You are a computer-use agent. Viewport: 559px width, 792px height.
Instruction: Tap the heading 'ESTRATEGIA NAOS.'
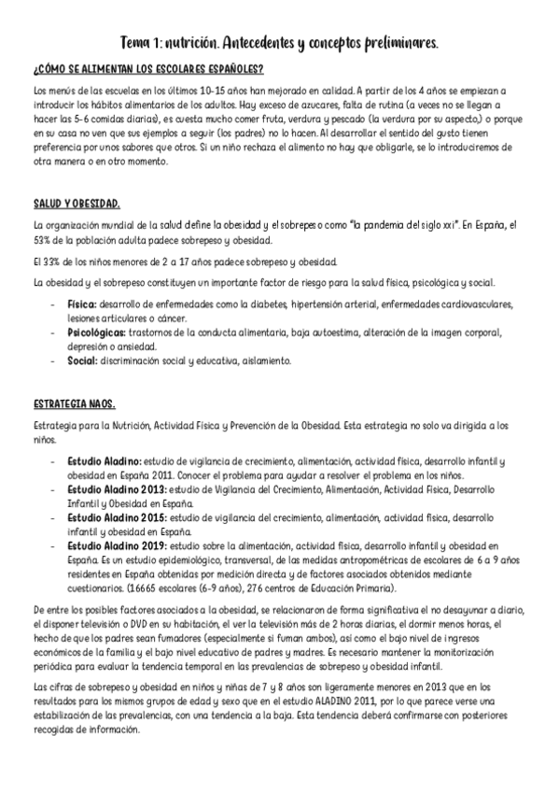[74, 403]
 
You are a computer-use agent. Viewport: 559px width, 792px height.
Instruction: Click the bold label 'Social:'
[82, 360]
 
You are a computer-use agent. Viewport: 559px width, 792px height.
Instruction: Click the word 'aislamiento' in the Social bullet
[269, 360]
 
